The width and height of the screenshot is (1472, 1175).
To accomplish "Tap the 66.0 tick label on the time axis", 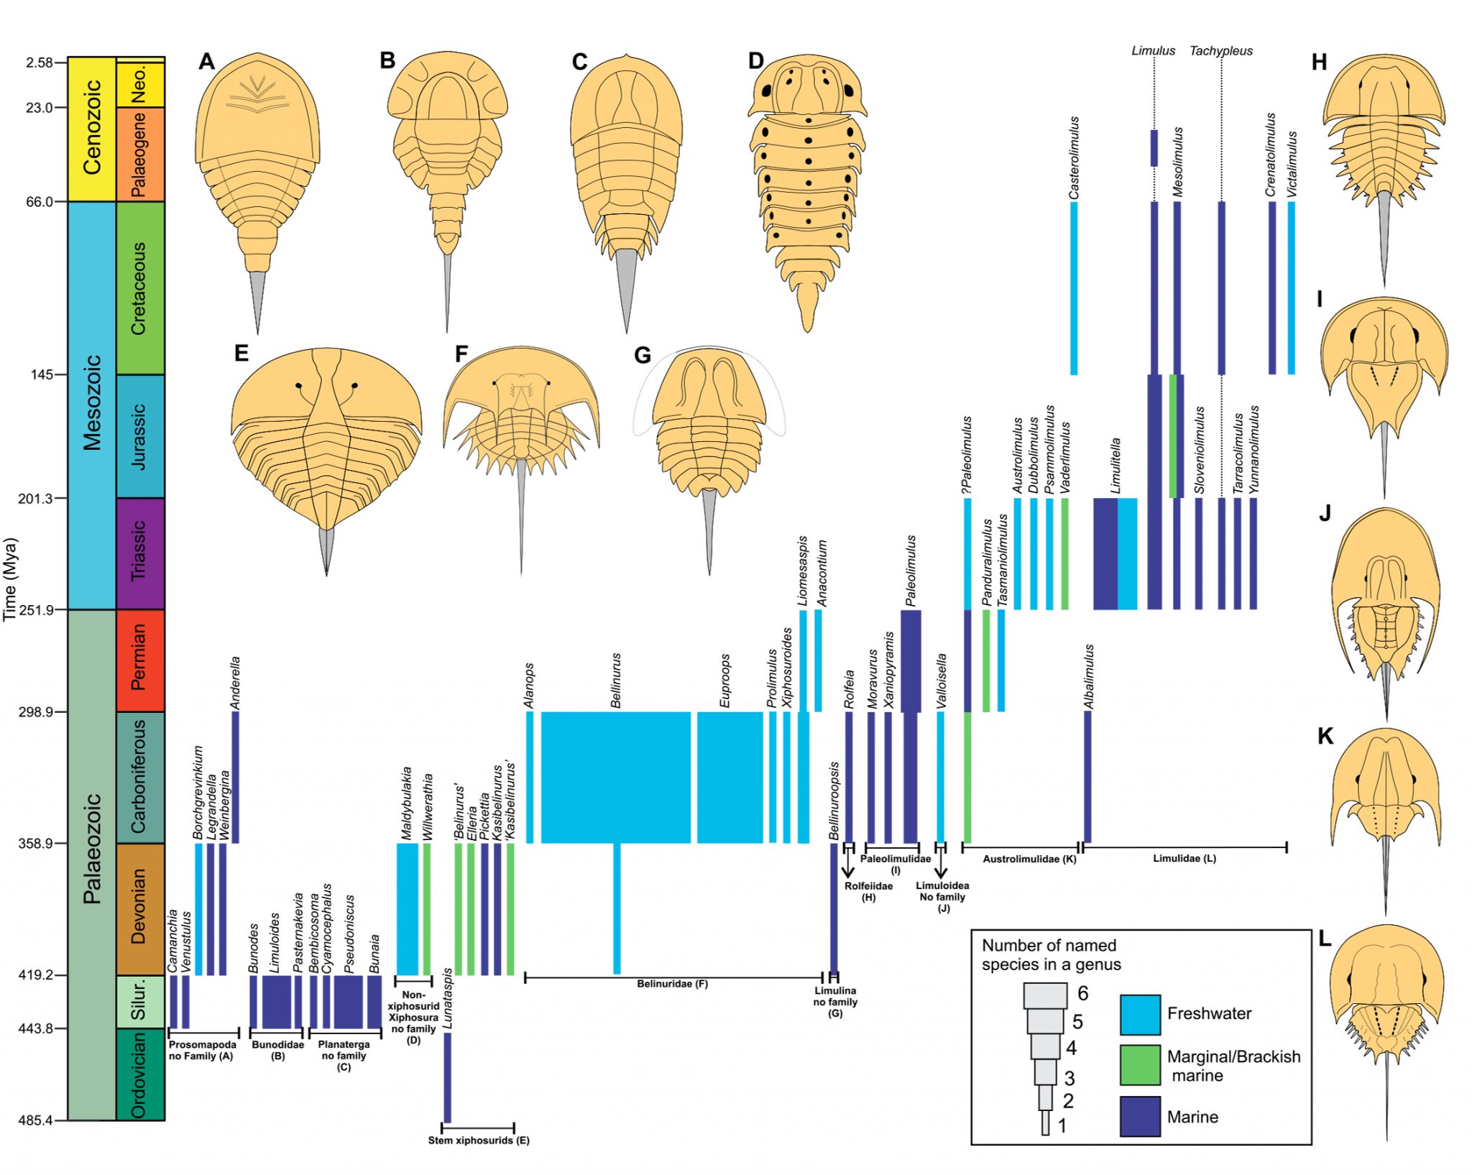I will click(40, 202).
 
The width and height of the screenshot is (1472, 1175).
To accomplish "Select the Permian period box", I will click(140, 660).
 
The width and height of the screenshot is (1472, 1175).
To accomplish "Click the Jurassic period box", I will click(140, 436).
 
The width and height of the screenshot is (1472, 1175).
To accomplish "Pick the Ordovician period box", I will click(140, 1074).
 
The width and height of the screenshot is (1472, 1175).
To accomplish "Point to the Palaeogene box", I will click(140, 154).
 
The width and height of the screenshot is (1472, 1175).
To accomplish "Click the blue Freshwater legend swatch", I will click(1140, 1014).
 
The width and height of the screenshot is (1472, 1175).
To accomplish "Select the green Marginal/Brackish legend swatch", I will click(1140, 1064).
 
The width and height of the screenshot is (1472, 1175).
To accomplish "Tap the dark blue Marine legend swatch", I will click(1140, 1116).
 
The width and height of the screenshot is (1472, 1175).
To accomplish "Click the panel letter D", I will click(755, 61).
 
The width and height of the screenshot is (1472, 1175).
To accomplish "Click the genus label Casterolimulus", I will click(1074, 158).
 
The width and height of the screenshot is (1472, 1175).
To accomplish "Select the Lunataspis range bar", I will click(447, 1077).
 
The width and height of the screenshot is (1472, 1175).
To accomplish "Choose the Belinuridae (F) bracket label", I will click(672, 984).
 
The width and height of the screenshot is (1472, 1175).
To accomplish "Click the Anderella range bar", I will click(235, 776).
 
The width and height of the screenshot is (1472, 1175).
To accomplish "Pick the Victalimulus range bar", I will click(1292, 287).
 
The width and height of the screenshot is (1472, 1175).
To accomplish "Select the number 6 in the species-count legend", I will click(1082, 993).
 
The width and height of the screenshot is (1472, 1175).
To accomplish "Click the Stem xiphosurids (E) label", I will click(479, 1140).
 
